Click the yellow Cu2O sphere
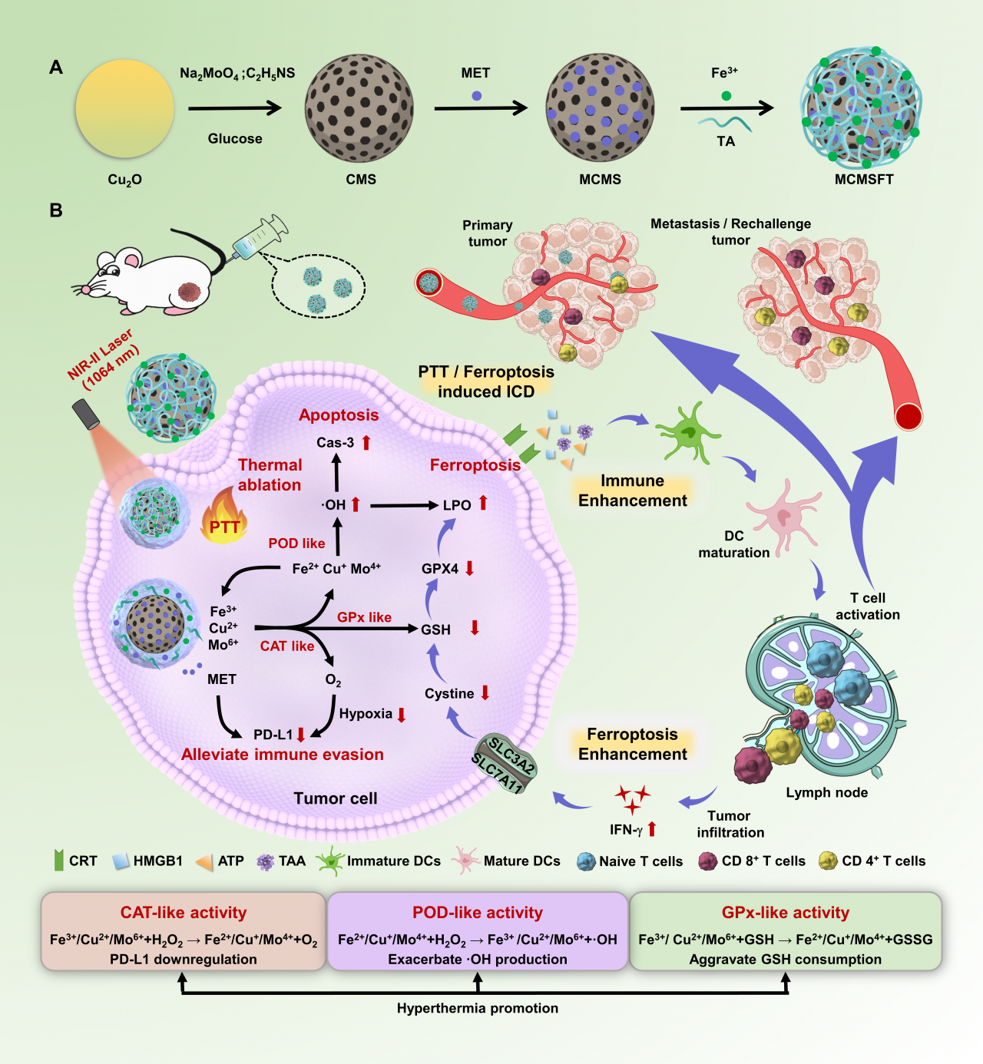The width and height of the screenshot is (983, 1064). pos(124,109)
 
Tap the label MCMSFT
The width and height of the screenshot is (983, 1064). pos(864,179)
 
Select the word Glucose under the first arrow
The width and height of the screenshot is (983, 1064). pos(235,138)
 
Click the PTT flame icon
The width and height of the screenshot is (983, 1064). pos(223,518)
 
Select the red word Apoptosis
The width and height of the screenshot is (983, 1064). pos(339,415)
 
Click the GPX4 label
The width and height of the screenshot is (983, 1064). pos(440,569)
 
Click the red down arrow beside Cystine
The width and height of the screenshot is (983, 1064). pos(485,693)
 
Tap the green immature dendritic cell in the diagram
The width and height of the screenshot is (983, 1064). pos(687,432)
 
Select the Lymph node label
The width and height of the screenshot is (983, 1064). pos(826,792)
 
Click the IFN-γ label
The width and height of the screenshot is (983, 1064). pos(626,830)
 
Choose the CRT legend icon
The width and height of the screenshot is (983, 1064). pos(58,861)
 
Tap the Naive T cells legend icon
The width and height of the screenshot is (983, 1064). pos(586,861)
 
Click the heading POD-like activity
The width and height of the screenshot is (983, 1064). pos(478,913)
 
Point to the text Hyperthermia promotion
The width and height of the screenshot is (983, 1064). pos(478,1008)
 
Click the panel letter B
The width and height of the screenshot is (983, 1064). pos(56,210)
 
